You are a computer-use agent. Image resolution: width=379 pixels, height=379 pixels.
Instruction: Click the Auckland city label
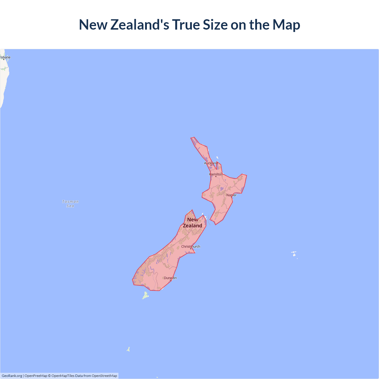click(211, 163)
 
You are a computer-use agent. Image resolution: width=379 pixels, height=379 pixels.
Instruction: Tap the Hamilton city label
click(216, 174)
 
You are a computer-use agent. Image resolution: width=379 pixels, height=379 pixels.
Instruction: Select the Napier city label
click(232, 195)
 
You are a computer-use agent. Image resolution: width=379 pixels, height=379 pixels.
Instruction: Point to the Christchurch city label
click(191, 246)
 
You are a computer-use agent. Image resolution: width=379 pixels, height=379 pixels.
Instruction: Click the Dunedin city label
click(170, 278)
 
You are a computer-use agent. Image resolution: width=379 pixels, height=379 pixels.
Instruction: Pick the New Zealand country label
click(192, 223)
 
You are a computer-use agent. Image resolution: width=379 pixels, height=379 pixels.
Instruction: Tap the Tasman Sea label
click(70, 204)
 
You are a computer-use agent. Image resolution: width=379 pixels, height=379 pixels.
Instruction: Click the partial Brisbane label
click(5, 57)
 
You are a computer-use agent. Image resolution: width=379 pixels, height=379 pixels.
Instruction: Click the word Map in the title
click(286, 25)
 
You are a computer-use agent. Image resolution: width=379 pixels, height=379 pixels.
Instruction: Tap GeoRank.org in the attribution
click(12, 376)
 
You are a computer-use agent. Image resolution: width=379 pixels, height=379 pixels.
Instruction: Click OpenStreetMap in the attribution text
click(104, 376)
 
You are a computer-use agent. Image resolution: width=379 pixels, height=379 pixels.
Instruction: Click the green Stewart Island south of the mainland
click(145, 295)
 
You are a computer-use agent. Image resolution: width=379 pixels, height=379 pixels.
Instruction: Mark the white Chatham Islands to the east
click(294, 254)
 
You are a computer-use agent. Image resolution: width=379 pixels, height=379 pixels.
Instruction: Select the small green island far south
click(129, 349)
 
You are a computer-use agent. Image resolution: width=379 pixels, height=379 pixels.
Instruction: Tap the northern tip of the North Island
click(193, 138)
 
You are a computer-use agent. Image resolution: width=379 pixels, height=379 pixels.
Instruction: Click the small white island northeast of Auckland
click(217, 158)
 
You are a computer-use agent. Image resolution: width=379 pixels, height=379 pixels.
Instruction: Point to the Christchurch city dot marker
click(191, 249)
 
